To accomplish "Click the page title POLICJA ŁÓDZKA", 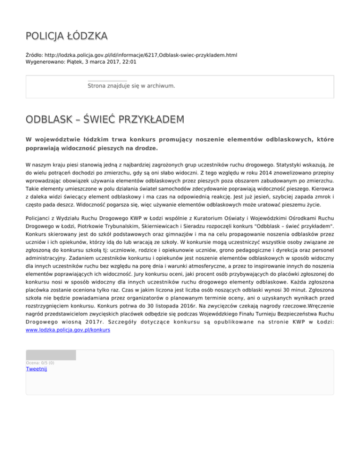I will click(x=67, y=36).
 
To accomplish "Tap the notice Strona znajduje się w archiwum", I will click(x=131, y=86).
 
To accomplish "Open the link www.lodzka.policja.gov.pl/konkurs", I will click(x=68, y=330).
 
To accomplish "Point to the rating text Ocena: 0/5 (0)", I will click(x=40, y=362).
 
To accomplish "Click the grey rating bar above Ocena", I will click(x=51, y=354).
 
